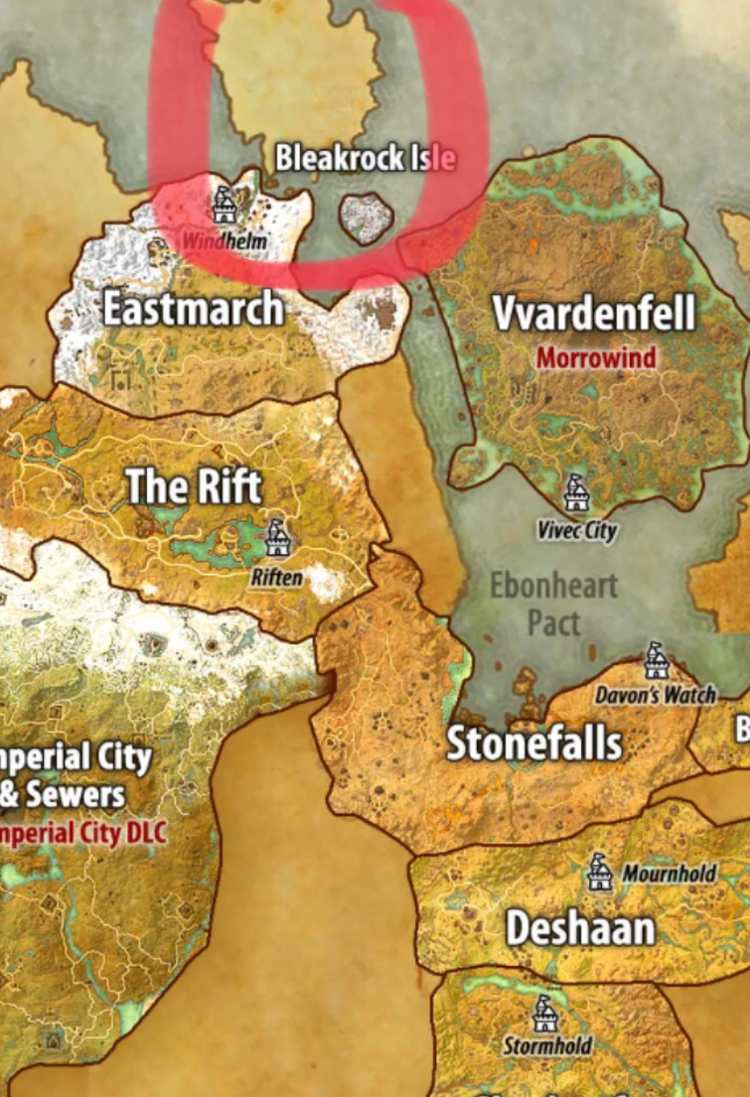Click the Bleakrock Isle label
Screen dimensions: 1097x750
point(365,158)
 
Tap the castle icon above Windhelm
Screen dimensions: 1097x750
point(225,205)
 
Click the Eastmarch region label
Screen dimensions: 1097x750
point(193,310)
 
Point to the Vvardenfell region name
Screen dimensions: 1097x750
point(593,314)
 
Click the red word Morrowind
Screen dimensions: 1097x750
point(596,357)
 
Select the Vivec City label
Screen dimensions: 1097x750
point(577,531)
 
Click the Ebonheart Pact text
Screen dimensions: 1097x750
point(553,604)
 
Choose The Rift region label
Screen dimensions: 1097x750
point(194,486)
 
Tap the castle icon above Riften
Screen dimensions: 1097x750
point(277,538)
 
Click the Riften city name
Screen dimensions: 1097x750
point(277,577)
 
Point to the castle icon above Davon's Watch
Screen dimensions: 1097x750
point(655,659)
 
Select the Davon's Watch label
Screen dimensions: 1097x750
point(656,695)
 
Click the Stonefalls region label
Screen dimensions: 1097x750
point(534,744)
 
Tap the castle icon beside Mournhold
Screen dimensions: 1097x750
point(598,873)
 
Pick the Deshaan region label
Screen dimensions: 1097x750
point(580,929)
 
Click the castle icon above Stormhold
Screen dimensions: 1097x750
point(544,1014)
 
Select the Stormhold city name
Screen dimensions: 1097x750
point(547,1046)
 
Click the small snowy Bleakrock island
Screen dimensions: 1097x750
point(367,218)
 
